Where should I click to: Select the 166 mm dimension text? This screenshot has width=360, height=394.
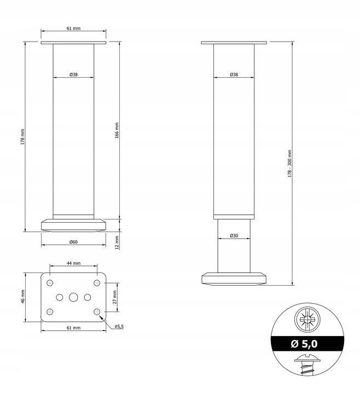(117, 130)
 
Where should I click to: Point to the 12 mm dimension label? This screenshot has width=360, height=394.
(117, 241)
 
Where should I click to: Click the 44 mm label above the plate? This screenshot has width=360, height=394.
(73, 263)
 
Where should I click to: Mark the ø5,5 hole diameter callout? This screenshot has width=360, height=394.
(119, 327)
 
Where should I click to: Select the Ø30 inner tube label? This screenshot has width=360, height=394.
(234, 236)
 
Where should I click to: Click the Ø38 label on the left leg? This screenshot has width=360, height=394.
(73, 75)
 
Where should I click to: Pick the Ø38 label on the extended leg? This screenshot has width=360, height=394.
(234, 74)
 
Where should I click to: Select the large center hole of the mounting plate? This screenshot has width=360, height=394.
(73, 297)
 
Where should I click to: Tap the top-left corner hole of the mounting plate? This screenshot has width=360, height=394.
(50, 283)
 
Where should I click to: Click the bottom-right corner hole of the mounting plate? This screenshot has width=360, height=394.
(97, 311)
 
